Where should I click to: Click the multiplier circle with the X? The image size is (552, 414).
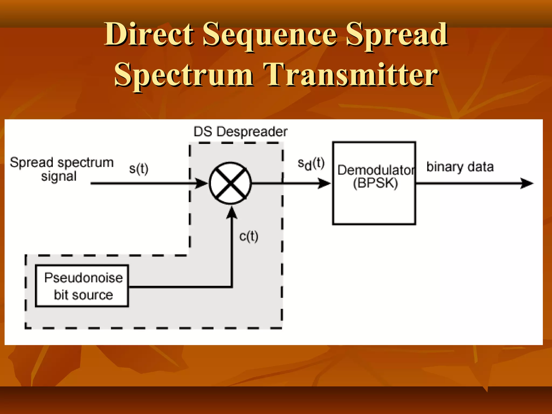(x=230, y=183)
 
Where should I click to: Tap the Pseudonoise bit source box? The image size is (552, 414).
(x=82, y=286)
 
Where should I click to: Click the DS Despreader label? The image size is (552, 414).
(x=240, y=132)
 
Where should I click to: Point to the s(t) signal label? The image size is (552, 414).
(x=139, y=169)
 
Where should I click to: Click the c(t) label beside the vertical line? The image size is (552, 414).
(x=249, y=237)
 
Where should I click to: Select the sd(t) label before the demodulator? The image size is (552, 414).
(x=311, y=164)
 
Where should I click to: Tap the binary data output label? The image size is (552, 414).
(x=460, y=167)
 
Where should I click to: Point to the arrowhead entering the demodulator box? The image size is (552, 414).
(x=324, y=183)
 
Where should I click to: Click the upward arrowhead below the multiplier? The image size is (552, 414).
(x=232, y=213)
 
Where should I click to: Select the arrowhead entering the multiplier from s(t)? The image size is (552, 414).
(x=201, y=183)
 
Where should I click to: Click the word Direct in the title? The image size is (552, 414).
(x=149, y=34)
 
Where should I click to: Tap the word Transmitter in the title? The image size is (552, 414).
(x=351, y=75)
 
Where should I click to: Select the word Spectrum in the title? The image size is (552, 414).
(x=184, y=75)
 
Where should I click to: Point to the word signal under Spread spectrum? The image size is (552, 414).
(x=59, y=177)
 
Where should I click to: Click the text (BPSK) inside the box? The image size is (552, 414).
(x=375, y=183)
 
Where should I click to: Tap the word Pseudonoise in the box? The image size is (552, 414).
(x=84, y=278)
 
